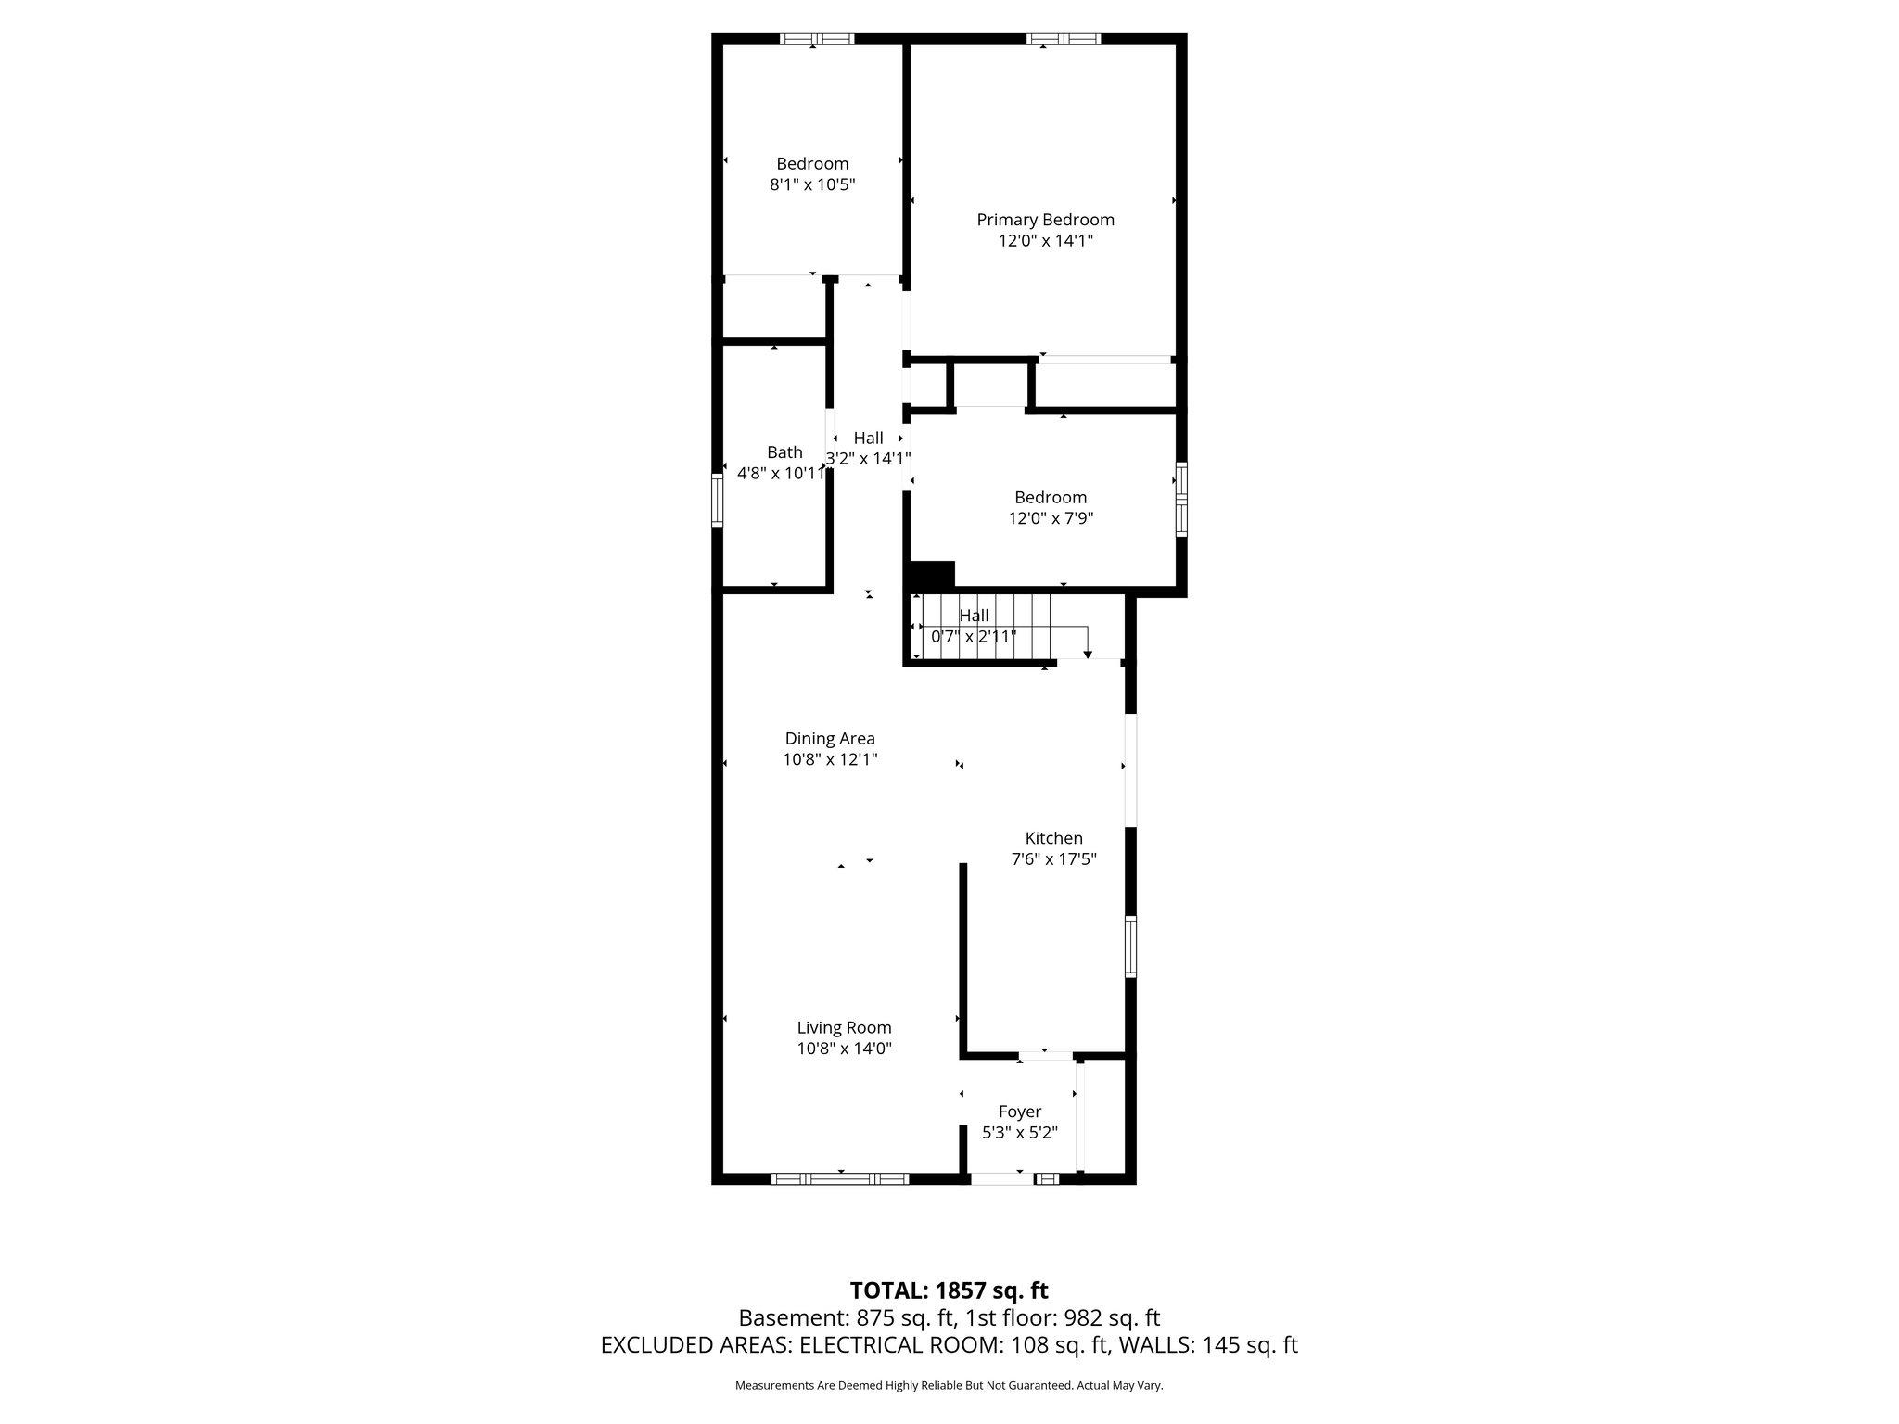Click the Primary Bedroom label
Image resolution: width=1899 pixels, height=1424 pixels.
1045,220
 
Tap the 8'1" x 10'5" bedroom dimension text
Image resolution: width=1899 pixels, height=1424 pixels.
812,184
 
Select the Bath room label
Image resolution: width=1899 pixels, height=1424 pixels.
784,452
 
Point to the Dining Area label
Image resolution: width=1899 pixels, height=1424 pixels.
830,739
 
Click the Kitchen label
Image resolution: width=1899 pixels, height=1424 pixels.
1053,838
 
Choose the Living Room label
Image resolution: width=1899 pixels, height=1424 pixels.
844,1027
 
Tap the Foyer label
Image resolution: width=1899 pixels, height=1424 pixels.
1020,1112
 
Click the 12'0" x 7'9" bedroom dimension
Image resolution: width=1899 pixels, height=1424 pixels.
1051,518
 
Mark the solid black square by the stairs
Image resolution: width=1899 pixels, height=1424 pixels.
933,575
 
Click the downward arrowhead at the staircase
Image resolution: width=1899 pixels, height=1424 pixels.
1088,655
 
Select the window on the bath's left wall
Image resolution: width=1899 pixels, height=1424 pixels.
717,501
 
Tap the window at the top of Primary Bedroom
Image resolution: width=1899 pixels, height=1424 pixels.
1064,39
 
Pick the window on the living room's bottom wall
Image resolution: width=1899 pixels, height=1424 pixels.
840,1178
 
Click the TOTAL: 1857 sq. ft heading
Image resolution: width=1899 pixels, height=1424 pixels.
949,1290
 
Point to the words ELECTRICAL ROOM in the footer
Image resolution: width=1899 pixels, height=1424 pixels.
898,1345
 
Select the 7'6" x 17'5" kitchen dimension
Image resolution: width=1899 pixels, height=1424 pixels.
1053,859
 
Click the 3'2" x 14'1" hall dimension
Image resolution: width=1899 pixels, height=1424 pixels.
868,458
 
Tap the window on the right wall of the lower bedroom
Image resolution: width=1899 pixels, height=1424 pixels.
1181,500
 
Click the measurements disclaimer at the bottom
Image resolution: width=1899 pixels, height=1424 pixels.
949,1386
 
